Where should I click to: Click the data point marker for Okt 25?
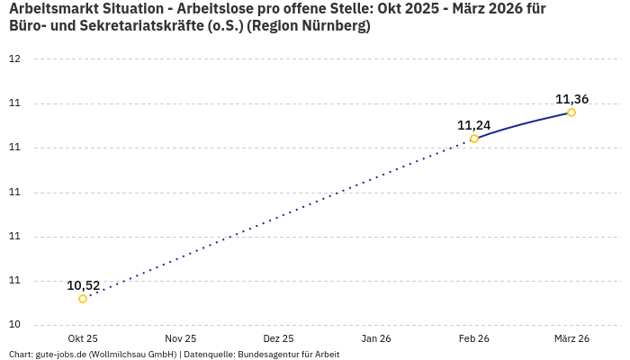[83, 299]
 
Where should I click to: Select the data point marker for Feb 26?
[474, 139]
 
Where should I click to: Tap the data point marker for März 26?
[571, 112]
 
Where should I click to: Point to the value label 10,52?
[84, 285]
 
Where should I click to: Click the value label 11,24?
[473, 125]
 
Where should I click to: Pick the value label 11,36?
[572, 99]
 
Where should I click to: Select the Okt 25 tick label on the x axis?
[83, 338]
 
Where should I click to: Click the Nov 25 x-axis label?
[181, 338]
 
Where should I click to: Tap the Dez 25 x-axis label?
[278, 338]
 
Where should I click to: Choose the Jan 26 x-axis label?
[376, 338]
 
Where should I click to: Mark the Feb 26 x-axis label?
[474, 338]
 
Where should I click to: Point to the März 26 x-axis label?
[571, 338]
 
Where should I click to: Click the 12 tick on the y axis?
[14, 58]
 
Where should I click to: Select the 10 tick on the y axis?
[14, 325]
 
